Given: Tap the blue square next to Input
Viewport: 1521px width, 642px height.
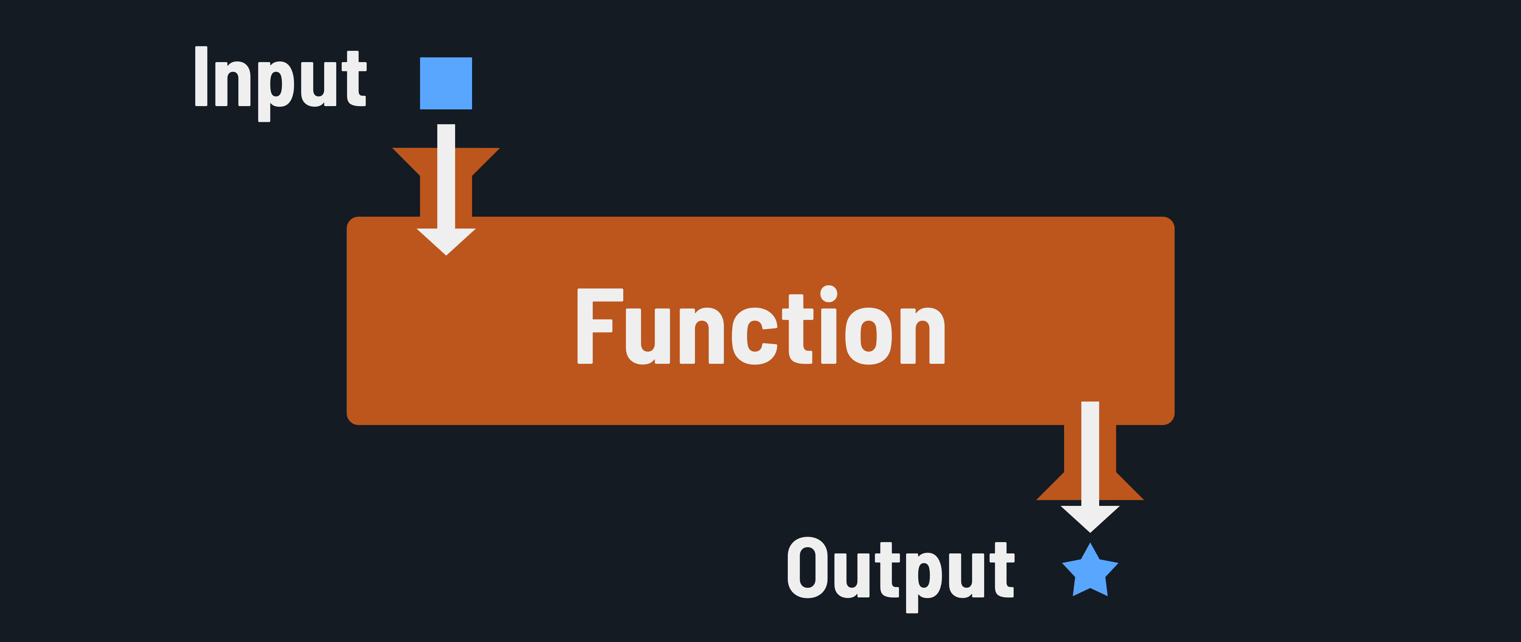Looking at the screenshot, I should (x=446, y=83).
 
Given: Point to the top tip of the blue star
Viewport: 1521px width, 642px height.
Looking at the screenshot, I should (x=1090, y=545).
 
